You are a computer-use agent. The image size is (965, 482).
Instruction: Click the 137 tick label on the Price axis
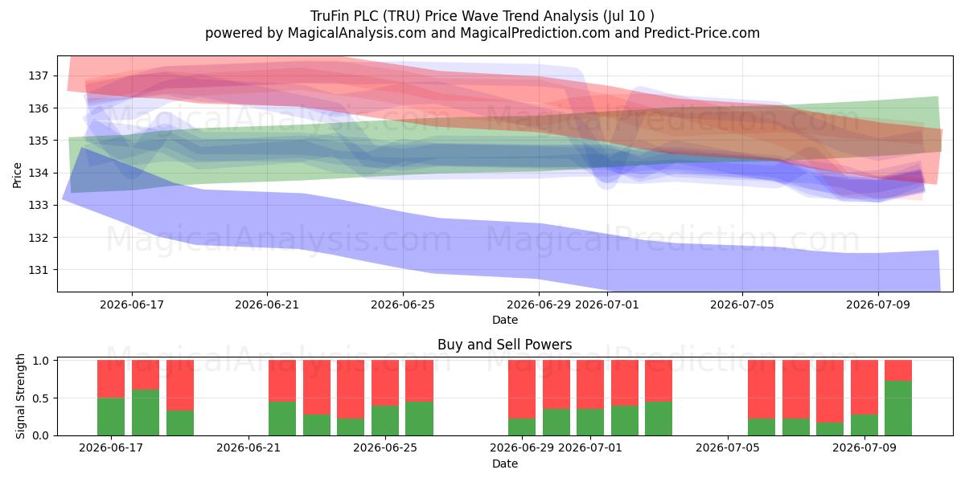[39, 76]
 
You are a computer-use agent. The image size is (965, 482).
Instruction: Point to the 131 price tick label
[39, 270]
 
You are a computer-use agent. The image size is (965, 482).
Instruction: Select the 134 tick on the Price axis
[39, 173]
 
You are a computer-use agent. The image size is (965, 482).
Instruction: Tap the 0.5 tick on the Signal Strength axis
[40, 398]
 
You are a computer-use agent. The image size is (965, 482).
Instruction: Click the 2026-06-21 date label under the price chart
[267, 304]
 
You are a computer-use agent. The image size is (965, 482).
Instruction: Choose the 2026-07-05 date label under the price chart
[741, 304]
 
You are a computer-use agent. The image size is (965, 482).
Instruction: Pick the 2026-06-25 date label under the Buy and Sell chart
[385, 448]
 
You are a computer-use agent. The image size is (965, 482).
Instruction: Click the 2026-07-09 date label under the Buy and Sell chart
[864, 448]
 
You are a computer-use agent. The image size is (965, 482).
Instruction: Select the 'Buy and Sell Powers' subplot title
[504, 345]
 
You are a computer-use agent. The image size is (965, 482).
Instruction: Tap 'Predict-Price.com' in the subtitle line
[702, 33]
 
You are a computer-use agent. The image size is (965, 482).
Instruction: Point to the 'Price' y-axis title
[17, 175]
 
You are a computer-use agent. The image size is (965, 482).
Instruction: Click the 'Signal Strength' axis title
[20, 396]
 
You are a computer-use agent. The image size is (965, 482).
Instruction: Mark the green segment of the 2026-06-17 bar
[111, 417]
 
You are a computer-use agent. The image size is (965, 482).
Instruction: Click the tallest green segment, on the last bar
[898, 408]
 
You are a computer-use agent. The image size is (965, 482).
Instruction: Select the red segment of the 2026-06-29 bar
[522, 389]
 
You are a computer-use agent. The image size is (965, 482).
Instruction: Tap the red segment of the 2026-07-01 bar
[590, 384]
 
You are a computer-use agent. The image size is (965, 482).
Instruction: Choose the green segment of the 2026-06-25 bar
[385, 420]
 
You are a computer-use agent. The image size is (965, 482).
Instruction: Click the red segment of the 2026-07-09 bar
[864, 387]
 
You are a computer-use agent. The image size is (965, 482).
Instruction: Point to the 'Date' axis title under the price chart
[505, 320]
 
